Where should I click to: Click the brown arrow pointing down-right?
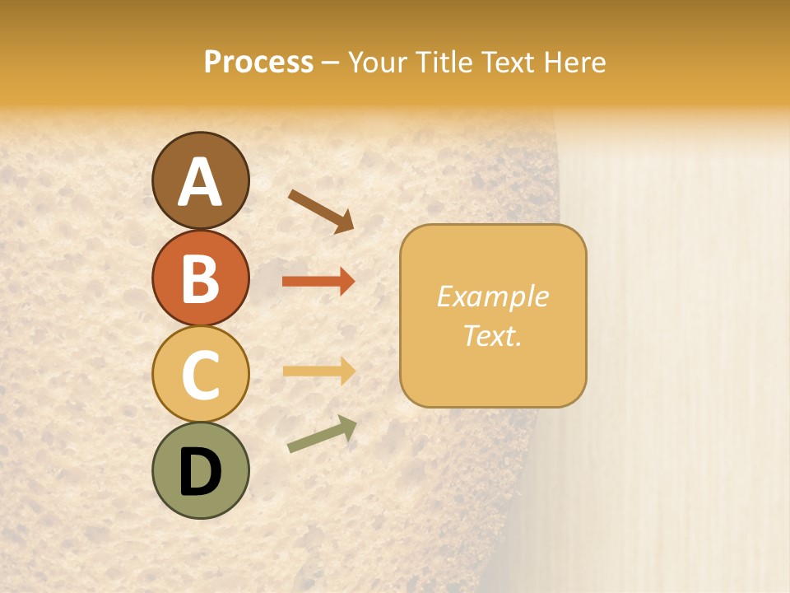pos(321,210)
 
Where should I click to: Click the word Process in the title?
pos(258,63)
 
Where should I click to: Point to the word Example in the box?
pos(492,296)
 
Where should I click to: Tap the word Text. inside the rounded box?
pos(492,335)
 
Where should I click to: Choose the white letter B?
pos(200,278)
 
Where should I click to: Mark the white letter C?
pos(200,375)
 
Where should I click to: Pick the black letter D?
pos(200,471)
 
